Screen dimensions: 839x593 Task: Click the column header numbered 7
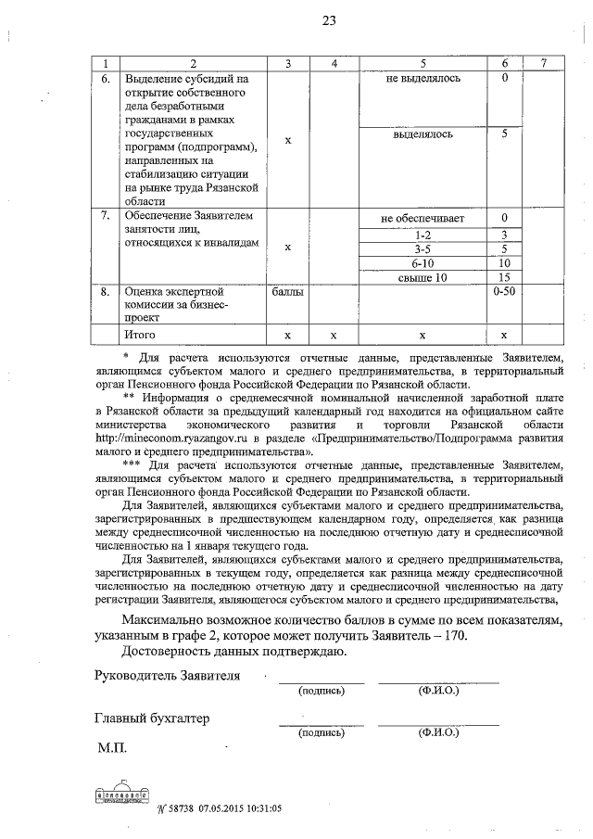coord(542,62)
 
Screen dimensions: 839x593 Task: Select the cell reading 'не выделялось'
coord(422,78)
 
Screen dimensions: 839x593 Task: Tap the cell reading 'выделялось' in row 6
coord(422,134)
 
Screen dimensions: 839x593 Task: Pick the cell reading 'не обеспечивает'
coord(422,219)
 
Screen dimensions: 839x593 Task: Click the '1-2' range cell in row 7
coord(422,234)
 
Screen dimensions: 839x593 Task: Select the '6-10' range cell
coord(422,262)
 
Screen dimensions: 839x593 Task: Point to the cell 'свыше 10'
coord(422,277)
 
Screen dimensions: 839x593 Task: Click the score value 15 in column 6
coord(504,277)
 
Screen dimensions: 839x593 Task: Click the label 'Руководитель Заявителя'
coord(168,675)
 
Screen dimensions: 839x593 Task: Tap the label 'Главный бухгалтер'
coord(152,718)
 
